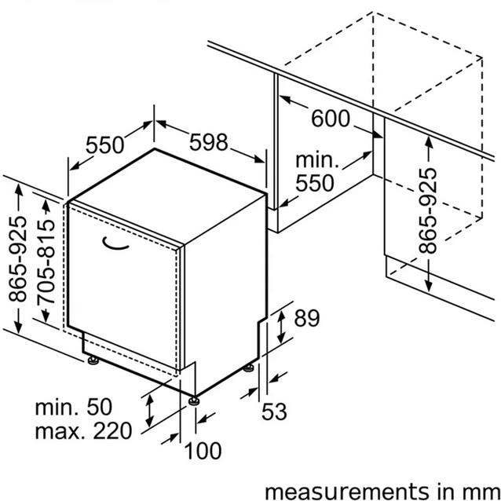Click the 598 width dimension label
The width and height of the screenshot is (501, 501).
tap(209, 142)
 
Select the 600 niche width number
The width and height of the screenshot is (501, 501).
tap(331, 119)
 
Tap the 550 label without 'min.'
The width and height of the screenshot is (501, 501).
tap(104, 144)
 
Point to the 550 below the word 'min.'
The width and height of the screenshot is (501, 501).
tap(315, 183)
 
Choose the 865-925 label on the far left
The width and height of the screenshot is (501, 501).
tap(17, 259)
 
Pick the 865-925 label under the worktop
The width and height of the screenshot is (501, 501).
tap(427, 210)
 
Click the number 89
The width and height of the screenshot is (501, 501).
tap(307, 318)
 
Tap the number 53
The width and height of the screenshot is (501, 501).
tap(274, 411)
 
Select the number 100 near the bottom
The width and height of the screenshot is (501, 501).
tap(203, 451)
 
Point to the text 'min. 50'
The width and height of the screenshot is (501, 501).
tap(74, 407)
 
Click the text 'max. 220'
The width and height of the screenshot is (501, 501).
tap(83, 430)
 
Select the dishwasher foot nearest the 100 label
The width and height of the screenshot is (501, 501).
tap(194, 400)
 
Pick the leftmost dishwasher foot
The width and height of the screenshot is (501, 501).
tap(93, 360)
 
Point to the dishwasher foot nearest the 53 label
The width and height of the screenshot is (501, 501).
tap(249, 368)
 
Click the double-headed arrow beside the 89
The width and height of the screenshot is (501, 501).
tap(281, 327)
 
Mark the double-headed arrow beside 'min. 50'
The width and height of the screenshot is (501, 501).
tap(149, 411)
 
